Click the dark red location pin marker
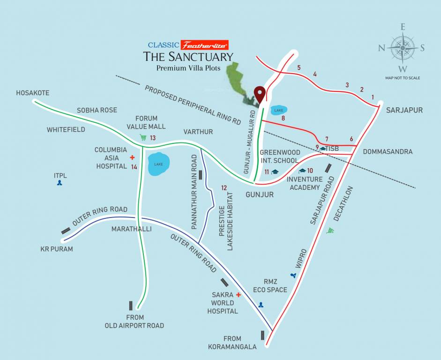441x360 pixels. (x=259, y=94)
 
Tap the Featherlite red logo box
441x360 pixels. (x=205, y=45)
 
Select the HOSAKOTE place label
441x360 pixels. (x=32, y=93)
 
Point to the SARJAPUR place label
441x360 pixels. (x=404, y=110)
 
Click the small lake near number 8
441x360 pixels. (x=278, y=110)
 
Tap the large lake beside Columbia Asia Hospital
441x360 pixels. (x=159, y=164)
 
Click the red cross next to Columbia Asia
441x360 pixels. (x=132, y=157)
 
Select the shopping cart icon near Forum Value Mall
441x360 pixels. (x=142, y=137)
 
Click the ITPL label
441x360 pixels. (x=60, y=175)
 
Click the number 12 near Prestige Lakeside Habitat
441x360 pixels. (x=224, y=187)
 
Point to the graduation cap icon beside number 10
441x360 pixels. (x=302, y=171)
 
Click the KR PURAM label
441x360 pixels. (x=57, y=249)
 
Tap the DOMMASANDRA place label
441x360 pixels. (x=388, y=151)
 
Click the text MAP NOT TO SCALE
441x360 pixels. (x=402, y=78)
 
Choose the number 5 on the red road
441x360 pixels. (x=299, y=67)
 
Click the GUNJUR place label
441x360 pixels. (x=260, y=194)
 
